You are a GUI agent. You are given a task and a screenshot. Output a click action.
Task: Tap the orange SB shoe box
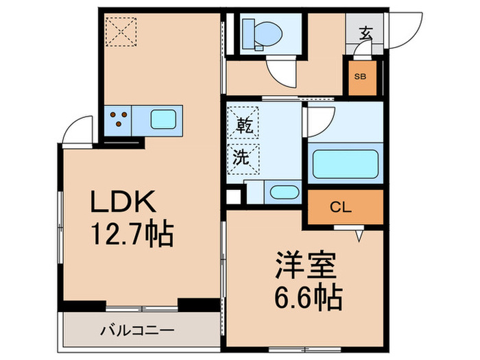tap(361, 77)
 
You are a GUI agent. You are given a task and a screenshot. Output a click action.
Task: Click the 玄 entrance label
tap(368, 32)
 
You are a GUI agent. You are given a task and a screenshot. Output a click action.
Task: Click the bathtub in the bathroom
tap(346, 164)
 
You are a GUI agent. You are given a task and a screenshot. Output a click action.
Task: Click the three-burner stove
tap(118, 119)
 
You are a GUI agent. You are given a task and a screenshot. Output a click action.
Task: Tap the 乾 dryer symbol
tap(244, 125)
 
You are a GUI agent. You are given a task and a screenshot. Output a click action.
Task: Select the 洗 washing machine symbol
tap(244, 157)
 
